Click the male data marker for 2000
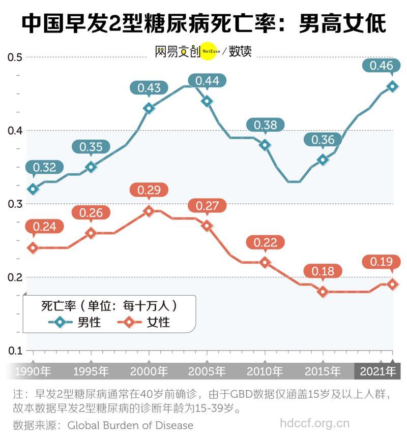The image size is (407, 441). [x=149, y=108]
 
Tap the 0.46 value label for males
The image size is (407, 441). [x=381, y=66]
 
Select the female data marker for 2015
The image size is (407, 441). [x=323, y=292]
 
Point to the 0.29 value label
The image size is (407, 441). [x=149, y=191]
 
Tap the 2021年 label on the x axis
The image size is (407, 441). [x=377, y=371]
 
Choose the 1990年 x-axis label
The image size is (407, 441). [x=33, y=371]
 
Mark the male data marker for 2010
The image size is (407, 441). [x=265, y=145]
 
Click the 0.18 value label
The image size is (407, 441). [x=323, y=271]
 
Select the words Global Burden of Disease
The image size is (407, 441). [x=130, y=425]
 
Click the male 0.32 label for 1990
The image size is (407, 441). [x=45, y=167]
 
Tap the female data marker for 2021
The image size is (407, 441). [x=392, y=284]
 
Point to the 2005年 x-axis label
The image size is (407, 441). [x=207, y=371]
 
